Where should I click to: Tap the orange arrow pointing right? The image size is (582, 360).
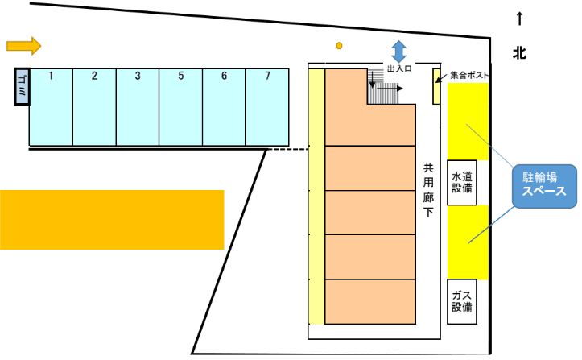(x=23, y=45)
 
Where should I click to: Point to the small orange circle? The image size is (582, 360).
(x=340, y=45)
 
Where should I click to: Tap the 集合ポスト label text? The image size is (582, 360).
(x=470, y=76)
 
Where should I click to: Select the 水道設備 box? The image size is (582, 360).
(x=461, y=183)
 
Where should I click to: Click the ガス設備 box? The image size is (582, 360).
(x=461, y=300)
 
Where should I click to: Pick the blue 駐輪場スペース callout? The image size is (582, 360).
(x=546, y=186)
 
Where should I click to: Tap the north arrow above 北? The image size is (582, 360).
(x=520, y=18)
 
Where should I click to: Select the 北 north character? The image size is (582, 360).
(x=520, y=54)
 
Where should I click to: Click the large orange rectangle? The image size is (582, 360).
(x=111, y=219)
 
